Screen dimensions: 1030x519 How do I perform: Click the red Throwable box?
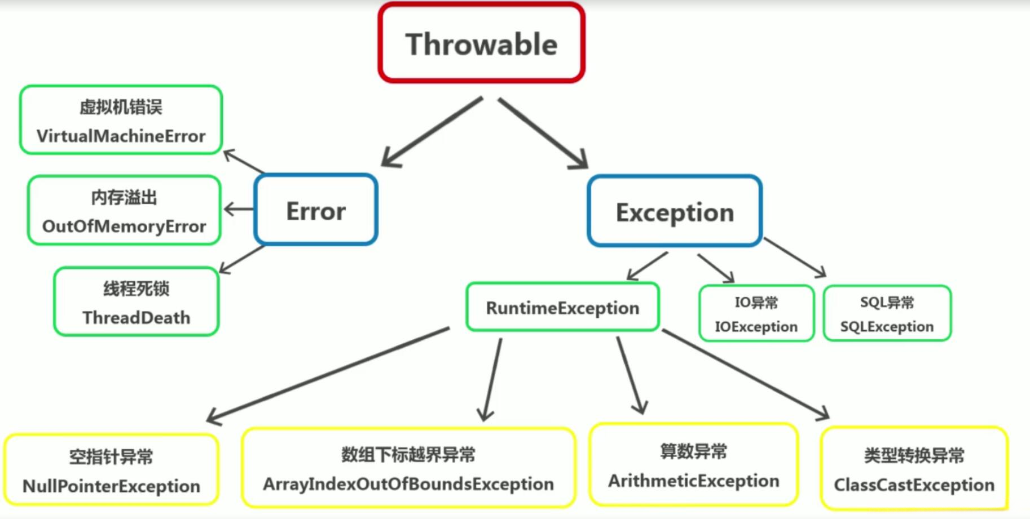481,43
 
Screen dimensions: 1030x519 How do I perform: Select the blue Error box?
316,210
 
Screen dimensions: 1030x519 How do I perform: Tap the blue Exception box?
675,211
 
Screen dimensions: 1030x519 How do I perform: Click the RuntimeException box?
562,307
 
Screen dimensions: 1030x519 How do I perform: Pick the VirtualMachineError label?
121,136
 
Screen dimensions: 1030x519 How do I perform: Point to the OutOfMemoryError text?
124,227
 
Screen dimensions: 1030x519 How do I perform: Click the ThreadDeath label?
137,318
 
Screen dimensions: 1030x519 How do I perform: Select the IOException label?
756,327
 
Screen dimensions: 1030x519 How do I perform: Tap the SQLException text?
887,327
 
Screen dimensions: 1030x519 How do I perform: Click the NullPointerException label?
111,486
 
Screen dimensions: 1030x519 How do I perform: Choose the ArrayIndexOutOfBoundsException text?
408,483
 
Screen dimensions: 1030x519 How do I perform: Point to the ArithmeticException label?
694,481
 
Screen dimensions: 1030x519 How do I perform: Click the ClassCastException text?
914,485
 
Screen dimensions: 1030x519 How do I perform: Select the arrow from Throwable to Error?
432,132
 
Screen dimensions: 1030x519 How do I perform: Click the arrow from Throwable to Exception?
543,133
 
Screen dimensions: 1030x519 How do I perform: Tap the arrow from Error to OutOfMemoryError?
239,209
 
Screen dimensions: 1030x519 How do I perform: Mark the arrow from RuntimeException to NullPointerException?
328,375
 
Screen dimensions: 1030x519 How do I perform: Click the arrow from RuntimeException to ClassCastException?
746,375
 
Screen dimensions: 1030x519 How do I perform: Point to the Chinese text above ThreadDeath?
137,289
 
